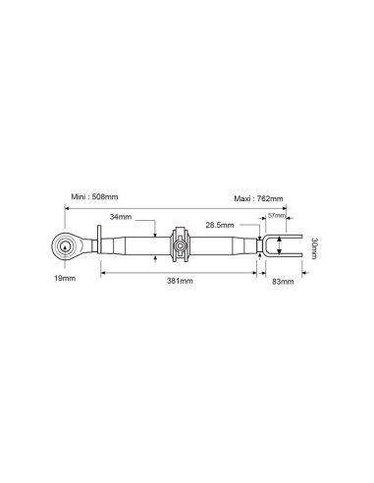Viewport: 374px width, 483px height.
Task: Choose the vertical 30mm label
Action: tap(313, 245)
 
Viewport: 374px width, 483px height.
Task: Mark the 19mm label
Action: tap(66, 280)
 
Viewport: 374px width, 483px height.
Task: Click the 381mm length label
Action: tap(180, 281)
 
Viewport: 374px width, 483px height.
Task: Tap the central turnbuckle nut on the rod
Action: tap(180, 245)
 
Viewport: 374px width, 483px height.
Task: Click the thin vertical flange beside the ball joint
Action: tap(94, 245)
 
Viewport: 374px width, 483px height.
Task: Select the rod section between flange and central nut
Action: tap(133, 245)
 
